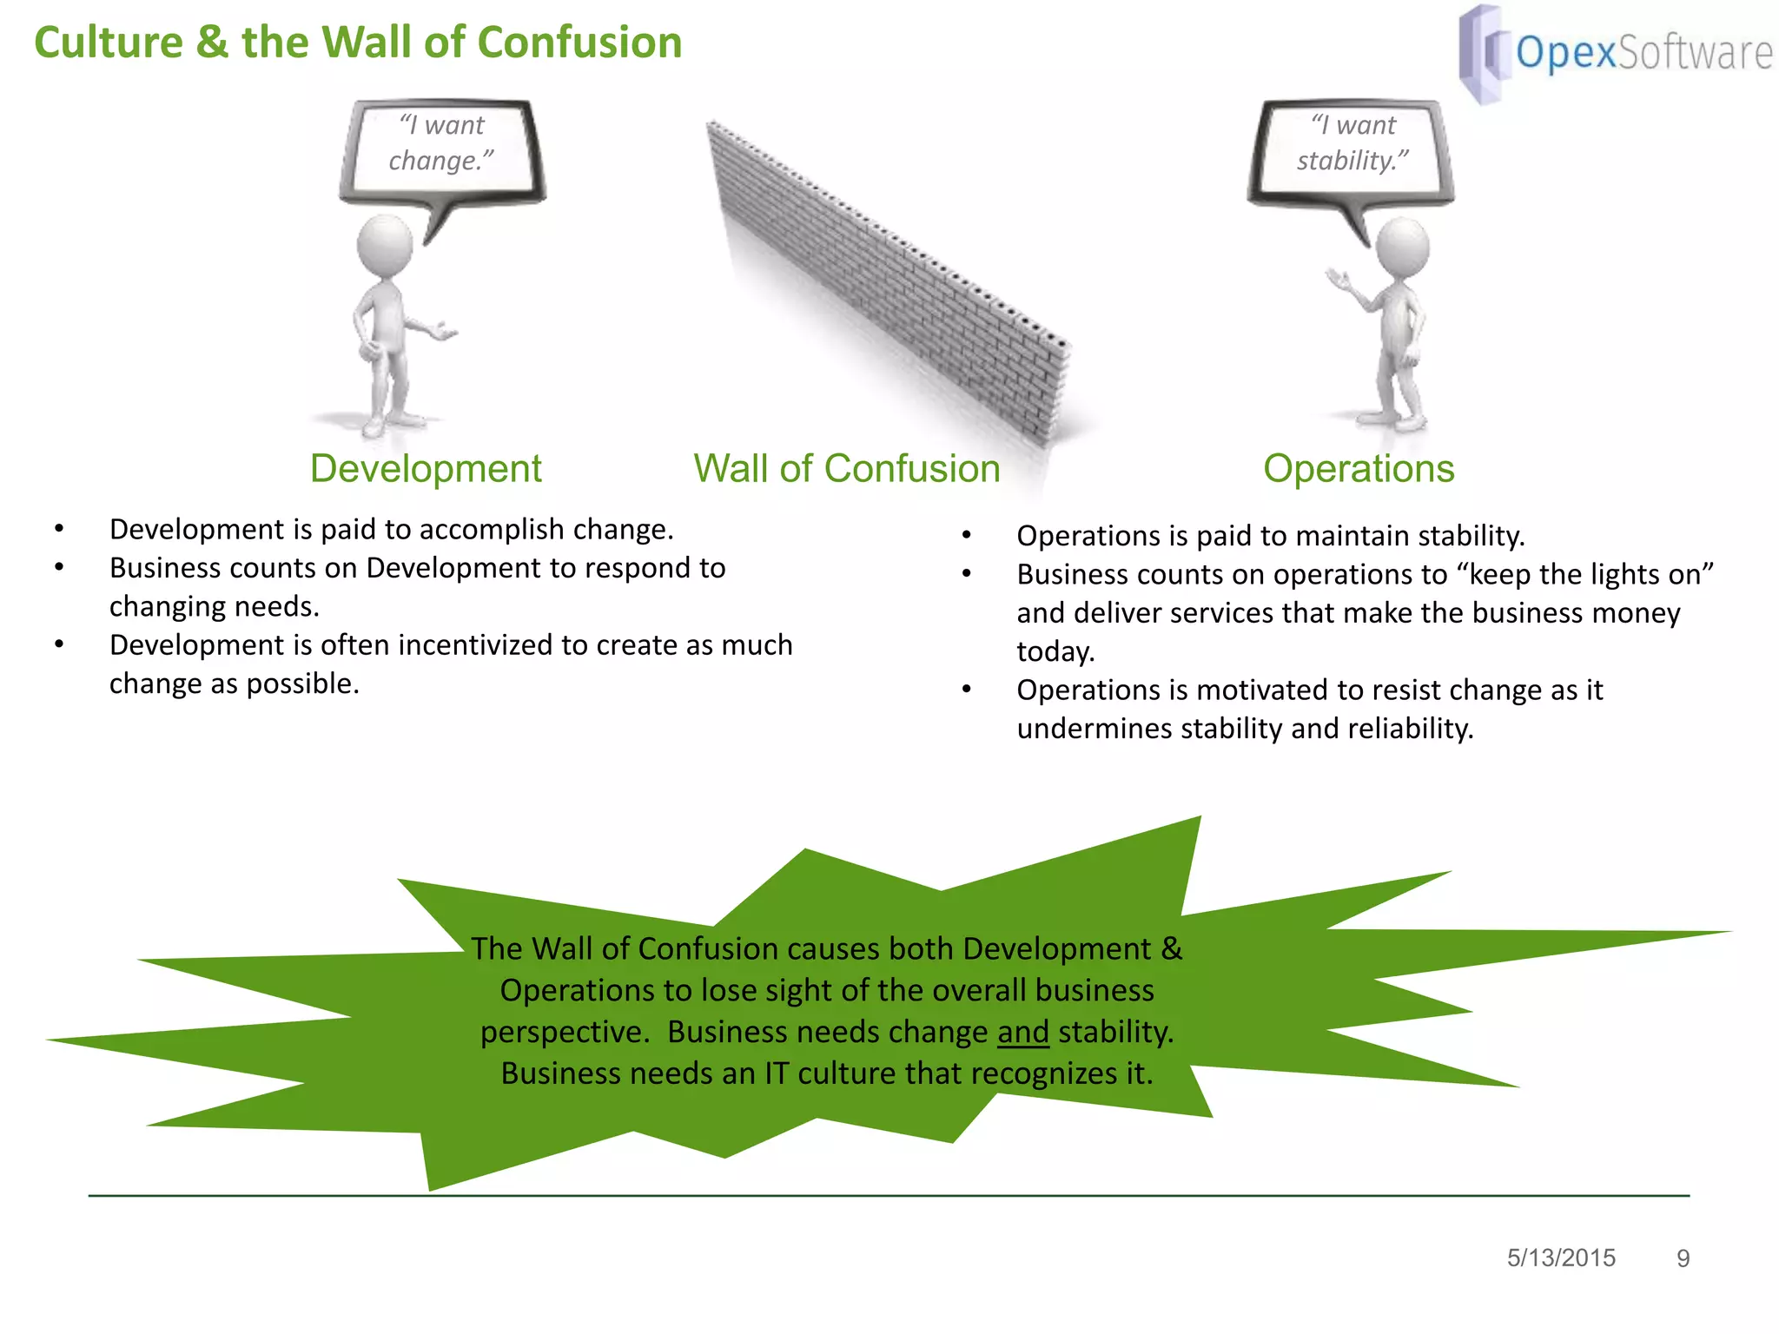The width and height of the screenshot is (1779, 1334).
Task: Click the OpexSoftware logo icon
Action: click(x=1482, y=54)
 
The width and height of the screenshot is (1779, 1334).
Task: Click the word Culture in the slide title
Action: click(x=109, y=43)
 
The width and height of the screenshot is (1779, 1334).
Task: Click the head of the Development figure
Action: click(x=385, y=246)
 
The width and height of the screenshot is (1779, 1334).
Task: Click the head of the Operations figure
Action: click(x=1402, y=247)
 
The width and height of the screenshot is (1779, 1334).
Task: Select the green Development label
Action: click(x=426, y=469)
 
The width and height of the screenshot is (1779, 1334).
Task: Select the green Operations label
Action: click(x=1359, y=469)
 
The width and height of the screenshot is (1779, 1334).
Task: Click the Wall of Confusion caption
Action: click(x=846, y=469)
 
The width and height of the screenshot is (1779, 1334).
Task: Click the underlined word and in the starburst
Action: click(x=1023, y=1032)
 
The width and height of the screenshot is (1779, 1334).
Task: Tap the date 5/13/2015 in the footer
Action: click(x=1561, y=1258)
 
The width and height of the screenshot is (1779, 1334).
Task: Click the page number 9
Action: click(x=1683, y=1258)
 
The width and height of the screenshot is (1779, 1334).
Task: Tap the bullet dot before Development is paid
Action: click(x=59, y=529)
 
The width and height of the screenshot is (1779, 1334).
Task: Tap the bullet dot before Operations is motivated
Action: click(x=967, y=690)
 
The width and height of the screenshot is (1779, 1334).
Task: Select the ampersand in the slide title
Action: click(x=213, y=43)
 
